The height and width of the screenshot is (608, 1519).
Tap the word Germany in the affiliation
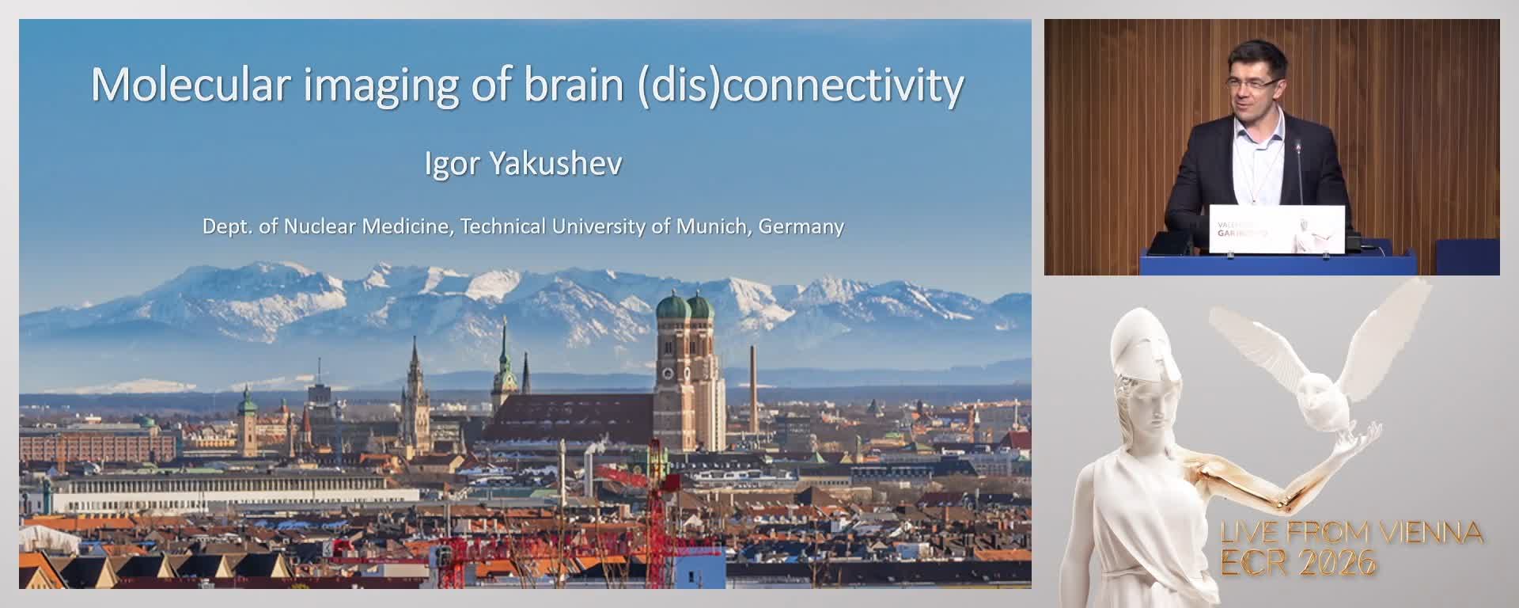pyautogui.click(x=801, y=226)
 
